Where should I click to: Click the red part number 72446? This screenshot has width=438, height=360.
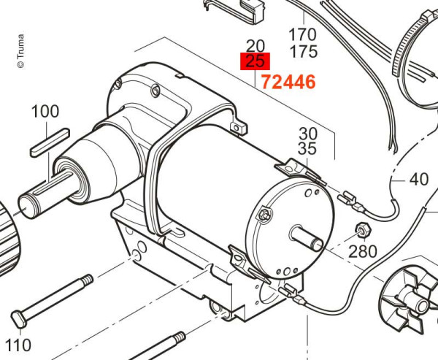pos(288,83)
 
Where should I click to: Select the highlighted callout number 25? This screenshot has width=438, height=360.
pos(255,61)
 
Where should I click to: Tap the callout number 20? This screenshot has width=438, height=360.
pos(255,46)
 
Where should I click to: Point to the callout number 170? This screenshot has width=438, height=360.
pos(303,35)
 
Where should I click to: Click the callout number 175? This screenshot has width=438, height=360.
pos(304,51)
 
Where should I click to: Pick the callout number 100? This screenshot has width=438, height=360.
pos(45,111)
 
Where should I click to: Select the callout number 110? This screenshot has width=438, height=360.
pos(18,345)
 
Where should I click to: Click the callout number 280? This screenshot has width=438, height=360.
pos(363,251)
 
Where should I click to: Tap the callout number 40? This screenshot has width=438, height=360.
pos(419,179)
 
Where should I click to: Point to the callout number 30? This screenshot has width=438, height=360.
pos(308,134)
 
